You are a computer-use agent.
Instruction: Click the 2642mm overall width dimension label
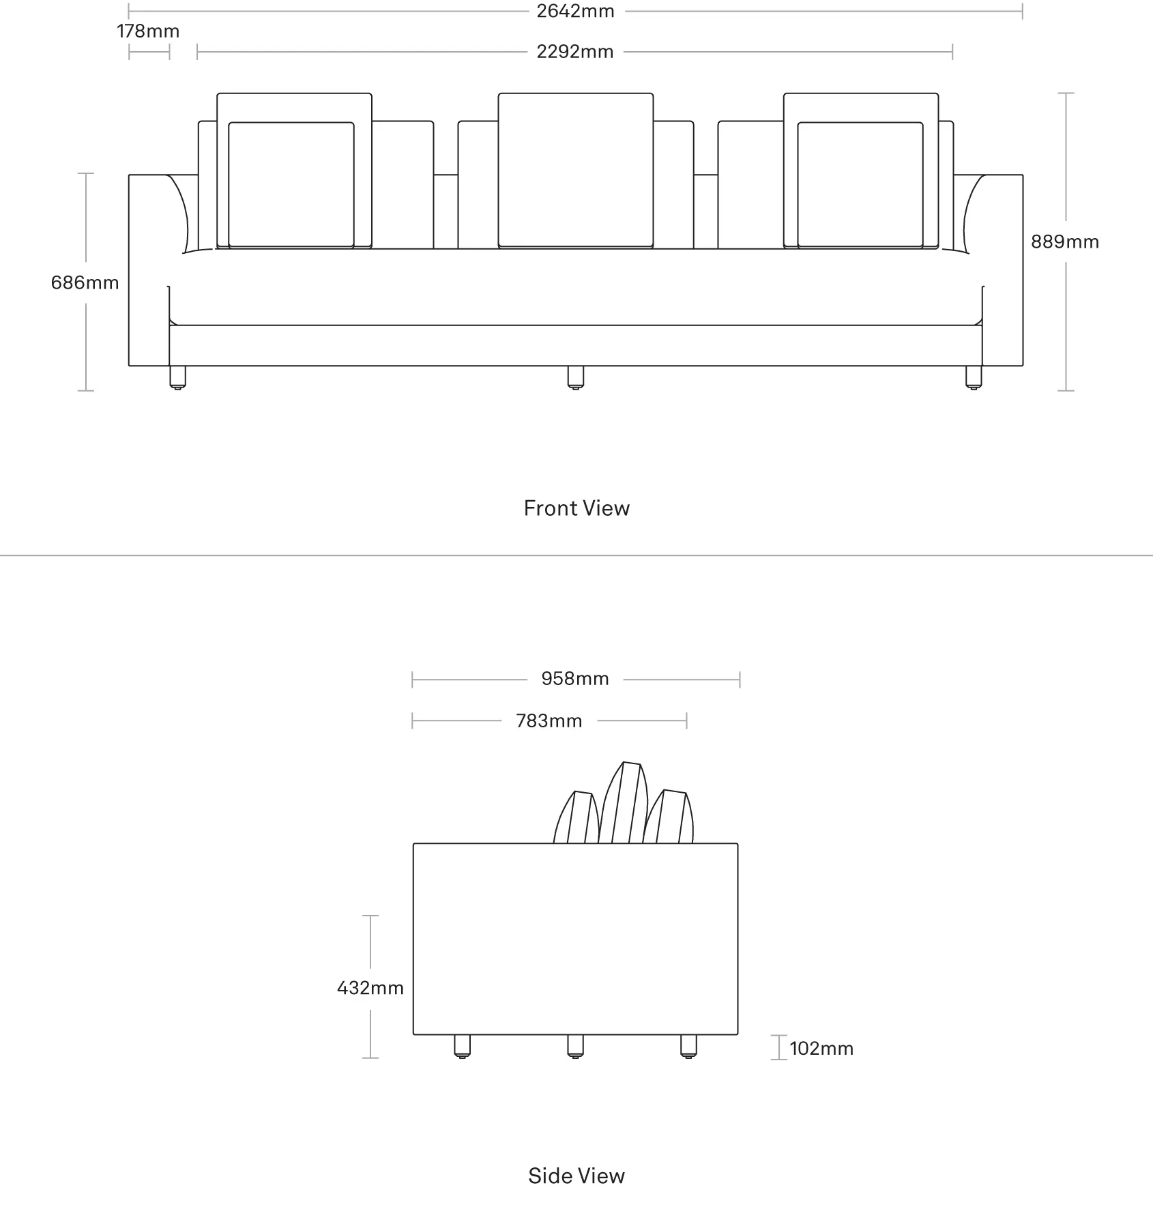575,12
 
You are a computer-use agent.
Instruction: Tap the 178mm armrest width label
148,31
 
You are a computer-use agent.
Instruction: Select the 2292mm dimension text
575,52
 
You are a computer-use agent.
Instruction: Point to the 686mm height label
85,282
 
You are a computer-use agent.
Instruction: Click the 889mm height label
1065,242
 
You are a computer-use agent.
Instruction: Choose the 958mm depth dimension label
575,679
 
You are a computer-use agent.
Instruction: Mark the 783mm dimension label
549,721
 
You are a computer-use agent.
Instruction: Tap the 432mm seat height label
370,988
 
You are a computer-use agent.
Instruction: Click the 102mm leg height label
821,1049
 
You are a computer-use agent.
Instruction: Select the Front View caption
576,508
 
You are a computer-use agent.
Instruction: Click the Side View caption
576,1176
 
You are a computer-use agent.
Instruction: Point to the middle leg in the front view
576,378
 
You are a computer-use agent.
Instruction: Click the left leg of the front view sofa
177,378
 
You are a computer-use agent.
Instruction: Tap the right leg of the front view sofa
974,378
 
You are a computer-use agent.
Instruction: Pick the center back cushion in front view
576,171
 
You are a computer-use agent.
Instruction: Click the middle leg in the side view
575,1047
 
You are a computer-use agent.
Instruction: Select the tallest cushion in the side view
624,803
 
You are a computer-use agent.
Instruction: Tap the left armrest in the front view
149,270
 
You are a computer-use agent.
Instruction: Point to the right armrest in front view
1002,270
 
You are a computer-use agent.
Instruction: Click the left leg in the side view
462,1047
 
